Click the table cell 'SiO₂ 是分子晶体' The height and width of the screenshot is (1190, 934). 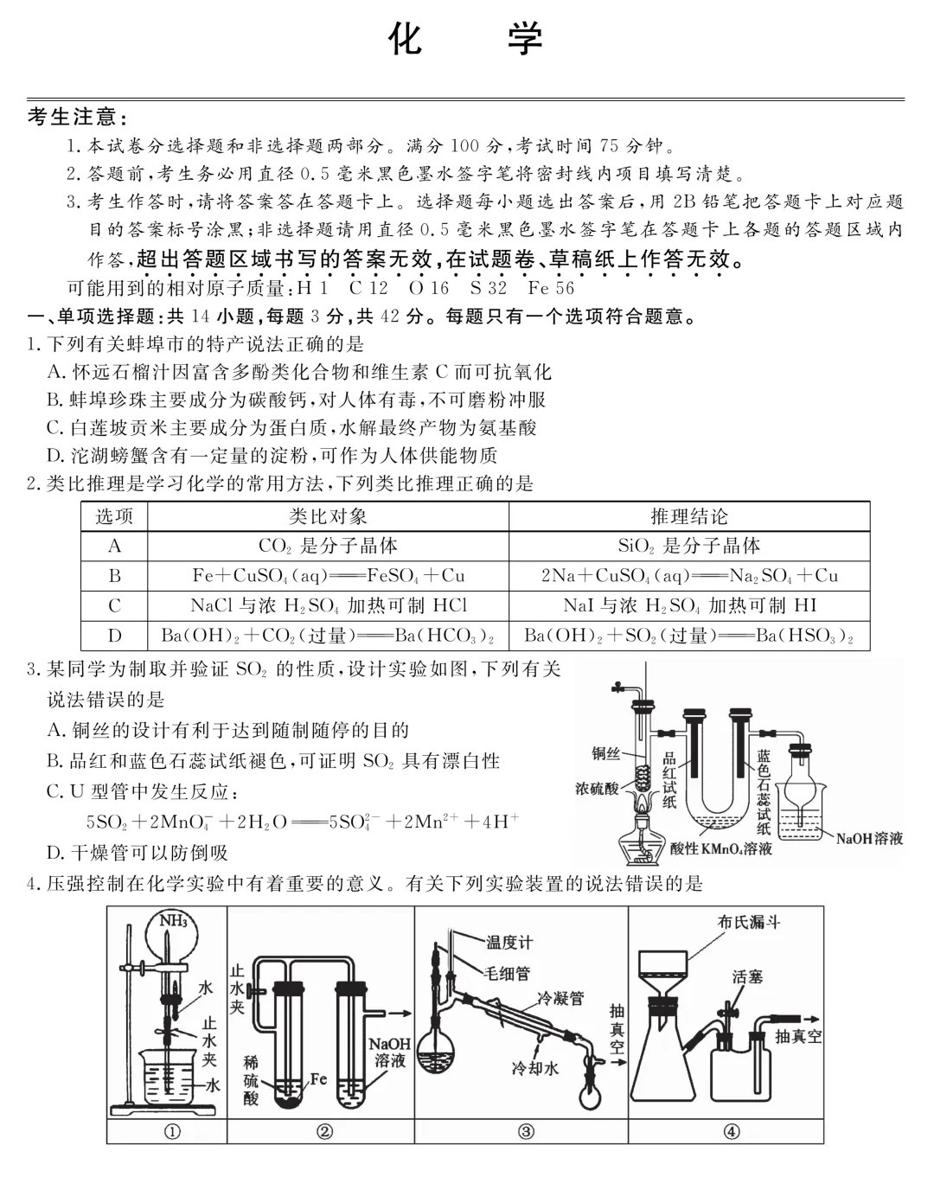(688, 546)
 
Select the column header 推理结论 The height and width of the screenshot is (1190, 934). (689, 516)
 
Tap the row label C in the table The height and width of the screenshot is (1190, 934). (114, 605)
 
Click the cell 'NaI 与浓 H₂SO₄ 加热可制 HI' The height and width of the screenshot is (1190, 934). (689, 605)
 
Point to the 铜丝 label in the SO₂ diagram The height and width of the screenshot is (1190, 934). (605, 754)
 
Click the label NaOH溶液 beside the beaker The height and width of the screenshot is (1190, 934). (869, 838)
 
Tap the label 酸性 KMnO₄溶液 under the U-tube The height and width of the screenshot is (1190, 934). (721, 849)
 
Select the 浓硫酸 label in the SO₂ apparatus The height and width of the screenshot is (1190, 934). (597, 789)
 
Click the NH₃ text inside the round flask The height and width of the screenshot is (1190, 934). (173, 921)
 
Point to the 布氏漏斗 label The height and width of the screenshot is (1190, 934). (749, 922)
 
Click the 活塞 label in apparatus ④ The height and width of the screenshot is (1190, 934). (747, 976)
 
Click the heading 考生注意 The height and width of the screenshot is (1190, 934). (78, 118)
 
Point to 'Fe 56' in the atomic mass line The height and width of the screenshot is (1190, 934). (551, 288)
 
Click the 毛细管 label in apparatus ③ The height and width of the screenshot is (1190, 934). (508, 973)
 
